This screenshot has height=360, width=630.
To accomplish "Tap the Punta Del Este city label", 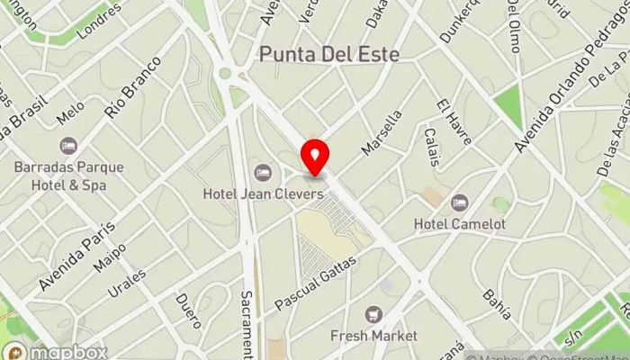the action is point(328,53).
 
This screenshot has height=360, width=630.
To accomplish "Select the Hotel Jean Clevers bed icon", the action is point(263,172).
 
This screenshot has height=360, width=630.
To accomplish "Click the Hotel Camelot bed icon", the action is point(460,202).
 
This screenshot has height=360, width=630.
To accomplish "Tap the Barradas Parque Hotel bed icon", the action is point(68,146).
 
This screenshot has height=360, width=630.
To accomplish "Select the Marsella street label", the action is point(382,131).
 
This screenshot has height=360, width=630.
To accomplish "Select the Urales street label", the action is point(126,281).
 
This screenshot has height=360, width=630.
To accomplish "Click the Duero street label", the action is point(188,310).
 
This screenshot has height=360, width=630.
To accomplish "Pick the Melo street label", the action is point(70,112).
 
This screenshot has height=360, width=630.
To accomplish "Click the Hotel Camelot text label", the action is point(460,223).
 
